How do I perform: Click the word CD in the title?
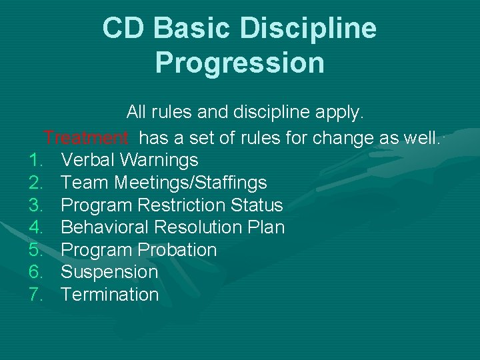click(124, 28)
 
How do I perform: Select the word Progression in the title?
click(240, 63)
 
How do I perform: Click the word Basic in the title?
click(197, 28)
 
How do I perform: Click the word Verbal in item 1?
click(85, 160)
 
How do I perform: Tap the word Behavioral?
click(105, 227)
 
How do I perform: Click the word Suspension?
click(109, 272)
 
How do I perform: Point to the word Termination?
click(109, 295)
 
